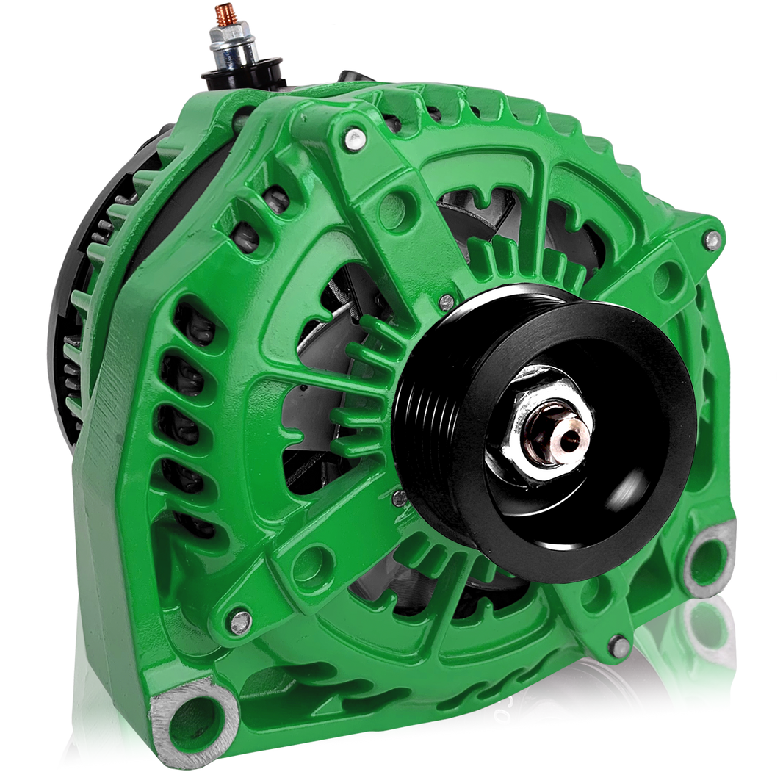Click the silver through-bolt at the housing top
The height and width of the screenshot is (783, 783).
click(x=354, y=135)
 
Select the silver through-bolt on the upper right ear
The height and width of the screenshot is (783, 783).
click(x=710, y=239)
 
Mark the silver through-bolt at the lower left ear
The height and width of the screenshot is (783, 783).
click(x=239, y=622)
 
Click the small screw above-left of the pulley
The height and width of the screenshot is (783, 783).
click(x=446, y=301)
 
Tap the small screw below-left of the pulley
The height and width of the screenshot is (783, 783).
click(x=400, y=498)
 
